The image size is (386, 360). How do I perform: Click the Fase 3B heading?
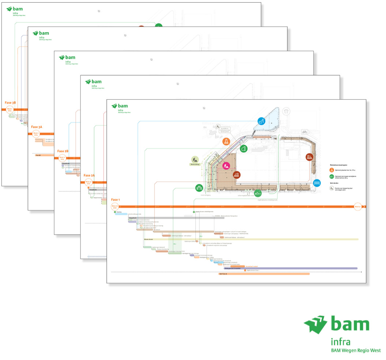[10, 103]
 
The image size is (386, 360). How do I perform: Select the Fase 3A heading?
[37, 127]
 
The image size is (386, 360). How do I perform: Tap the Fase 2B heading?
[63, 151]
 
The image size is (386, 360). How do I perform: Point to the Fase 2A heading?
[89, 175]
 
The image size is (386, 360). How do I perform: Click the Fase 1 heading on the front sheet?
[116, 200]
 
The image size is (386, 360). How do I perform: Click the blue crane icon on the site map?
[261, 122]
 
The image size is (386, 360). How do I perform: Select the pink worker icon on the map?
[226, 166]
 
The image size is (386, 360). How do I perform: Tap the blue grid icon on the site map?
[316, 182]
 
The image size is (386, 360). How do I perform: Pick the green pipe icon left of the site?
[199, 188]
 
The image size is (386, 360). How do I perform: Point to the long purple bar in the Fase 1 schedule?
[291, 268]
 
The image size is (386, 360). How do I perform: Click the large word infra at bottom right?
[340, 342]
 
